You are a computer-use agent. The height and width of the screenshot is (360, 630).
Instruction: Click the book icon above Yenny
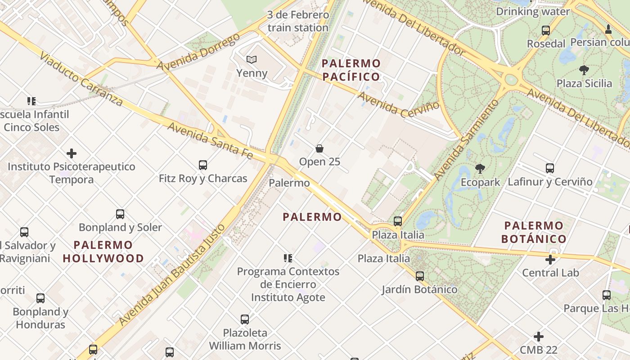(252, 59)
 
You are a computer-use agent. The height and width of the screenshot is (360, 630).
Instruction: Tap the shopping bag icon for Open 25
(319, 148)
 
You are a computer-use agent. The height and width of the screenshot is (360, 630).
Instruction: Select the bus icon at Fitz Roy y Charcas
(203, 165)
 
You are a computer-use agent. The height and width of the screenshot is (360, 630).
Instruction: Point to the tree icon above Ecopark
(480, 169)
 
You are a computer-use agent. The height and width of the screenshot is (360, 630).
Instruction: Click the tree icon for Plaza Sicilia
(584, 70)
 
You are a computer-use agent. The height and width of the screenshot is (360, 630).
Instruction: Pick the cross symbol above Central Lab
(550, 260)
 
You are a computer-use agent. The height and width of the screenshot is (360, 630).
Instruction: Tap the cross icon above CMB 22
(539, 337)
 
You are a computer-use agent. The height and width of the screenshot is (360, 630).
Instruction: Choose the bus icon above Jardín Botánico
(420, 276)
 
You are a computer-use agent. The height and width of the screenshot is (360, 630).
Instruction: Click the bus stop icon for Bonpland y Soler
(120, 214)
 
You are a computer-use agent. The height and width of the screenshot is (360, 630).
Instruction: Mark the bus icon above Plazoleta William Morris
(245, 319)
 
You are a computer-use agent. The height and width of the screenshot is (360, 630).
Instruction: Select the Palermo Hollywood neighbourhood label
(103, 252)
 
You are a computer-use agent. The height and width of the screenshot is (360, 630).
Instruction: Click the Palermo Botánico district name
(534, 232)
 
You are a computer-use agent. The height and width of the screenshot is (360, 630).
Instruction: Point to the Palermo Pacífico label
(351, 70)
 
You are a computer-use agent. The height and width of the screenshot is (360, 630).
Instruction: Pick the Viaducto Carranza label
(81, 79)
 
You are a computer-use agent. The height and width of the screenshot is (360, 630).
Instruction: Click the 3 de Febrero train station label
(298, 21)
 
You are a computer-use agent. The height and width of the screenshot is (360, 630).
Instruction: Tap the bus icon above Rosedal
(546, 31)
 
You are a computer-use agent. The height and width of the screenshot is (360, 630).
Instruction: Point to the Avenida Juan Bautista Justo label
(172, 274)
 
